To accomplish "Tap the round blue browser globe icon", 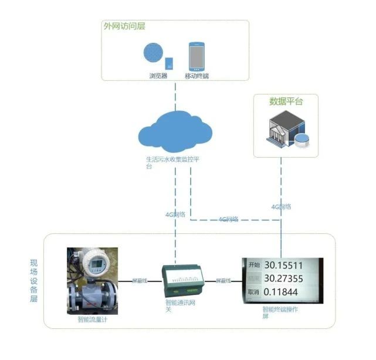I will (154, 53).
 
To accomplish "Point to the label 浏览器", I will (158, 76).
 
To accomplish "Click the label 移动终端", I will (197, 76).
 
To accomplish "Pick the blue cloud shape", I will (175, 133).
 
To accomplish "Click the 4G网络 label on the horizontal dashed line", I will (228, 219).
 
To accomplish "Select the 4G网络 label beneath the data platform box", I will (282, 206).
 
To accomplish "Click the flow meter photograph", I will (93, 281).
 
